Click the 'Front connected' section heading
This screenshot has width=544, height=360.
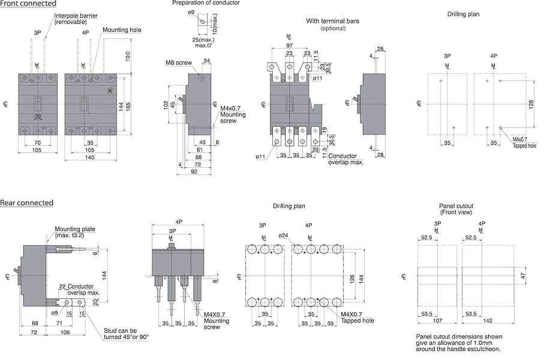28,4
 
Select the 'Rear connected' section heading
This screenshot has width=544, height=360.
26,203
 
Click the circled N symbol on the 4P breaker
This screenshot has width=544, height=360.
110,91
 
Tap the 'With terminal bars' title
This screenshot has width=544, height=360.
333,21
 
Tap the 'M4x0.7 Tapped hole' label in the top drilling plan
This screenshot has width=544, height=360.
524,142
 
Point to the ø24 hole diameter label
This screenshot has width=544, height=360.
284,236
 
